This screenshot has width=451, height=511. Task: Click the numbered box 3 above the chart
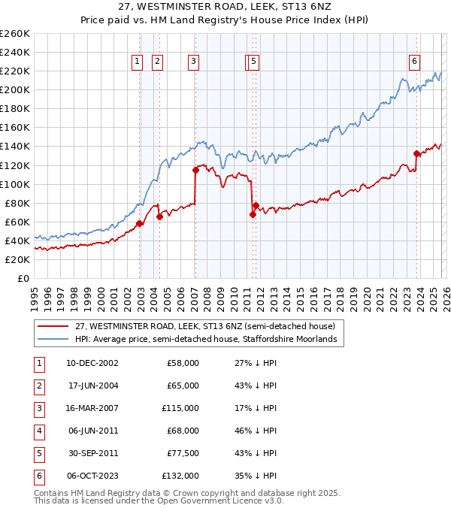click(194, 62)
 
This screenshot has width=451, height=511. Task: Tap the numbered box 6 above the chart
click(414, 62)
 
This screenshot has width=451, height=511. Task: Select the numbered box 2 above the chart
click(157, 62)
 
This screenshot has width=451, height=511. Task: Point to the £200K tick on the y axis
click(15, 89)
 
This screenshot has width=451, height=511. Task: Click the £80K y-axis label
click(17, 203)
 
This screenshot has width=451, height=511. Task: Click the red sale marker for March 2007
click(195, 170)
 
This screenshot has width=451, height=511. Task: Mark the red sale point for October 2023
click(416, 153)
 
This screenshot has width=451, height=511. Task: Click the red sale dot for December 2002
click(140, 223)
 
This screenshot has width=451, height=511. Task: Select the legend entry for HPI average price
click(207, 340)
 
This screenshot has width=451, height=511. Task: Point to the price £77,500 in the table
click(183, 453)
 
